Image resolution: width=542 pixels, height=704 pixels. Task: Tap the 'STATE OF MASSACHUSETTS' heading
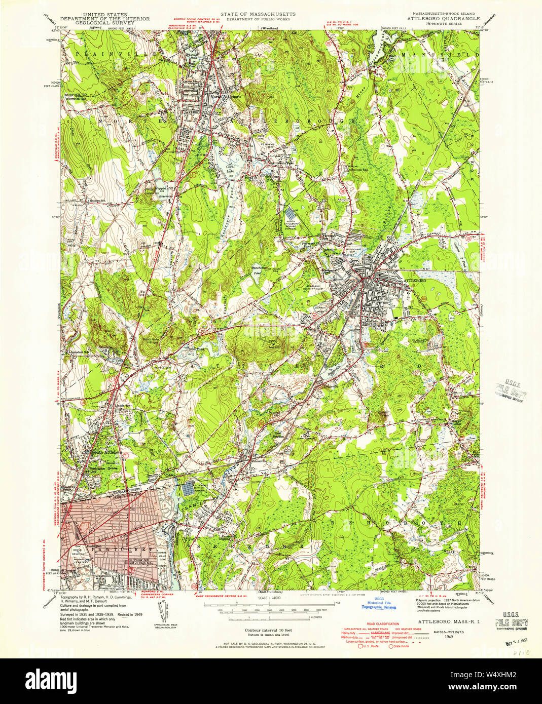click(x=258, y=15)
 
